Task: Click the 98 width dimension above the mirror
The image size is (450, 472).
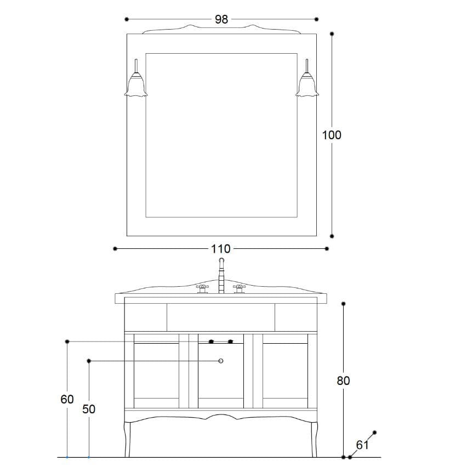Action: pos(221,19)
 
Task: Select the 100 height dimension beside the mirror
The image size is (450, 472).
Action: pos(332,134)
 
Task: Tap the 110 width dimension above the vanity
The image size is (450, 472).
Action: pos(221,249)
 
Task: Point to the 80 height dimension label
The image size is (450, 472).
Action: pos(343,380)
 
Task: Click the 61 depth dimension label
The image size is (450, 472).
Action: pos(362,445)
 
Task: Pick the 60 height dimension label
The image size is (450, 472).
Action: pos(67,400)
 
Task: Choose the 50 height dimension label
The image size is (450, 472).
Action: pos(89,409)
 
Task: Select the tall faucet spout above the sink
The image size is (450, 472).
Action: pos(222,274)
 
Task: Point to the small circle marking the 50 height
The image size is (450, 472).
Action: pos(221,361)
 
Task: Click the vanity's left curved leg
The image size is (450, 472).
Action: pos(129,439)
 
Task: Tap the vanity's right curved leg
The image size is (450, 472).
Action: pos(314,439)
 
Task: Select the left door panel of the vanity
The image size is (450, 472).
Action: pos(157,370)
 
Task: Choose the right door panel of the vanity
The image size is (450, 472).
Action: pos(285,370)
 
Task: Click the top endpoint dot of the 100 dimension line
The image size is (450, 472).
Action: pos(332,33)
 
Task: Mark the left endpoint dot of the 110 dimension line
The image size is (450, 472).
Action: pos(115,249)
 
